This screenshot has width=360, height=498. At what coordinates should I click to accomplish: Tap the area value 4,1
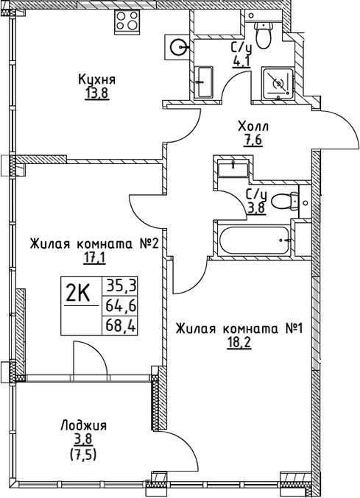pos(241,61)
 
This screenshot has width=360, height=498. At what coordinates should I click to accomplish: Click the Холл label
pos(253,126)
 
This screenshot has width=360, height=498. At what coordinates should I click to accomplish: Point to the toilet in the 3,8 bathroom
pos(286,200)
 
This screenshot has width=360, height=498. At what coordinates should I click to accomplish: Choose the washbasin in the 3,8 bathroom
pos(233,167)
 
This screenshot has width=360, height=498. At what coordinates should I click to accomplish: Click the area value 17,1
pos(94,257)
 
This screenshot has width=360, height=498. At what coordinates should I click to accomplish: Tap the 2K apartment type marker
pos(77,294)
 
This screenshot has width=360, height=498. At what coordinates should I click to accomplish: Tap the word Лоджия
pos(85,425)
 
